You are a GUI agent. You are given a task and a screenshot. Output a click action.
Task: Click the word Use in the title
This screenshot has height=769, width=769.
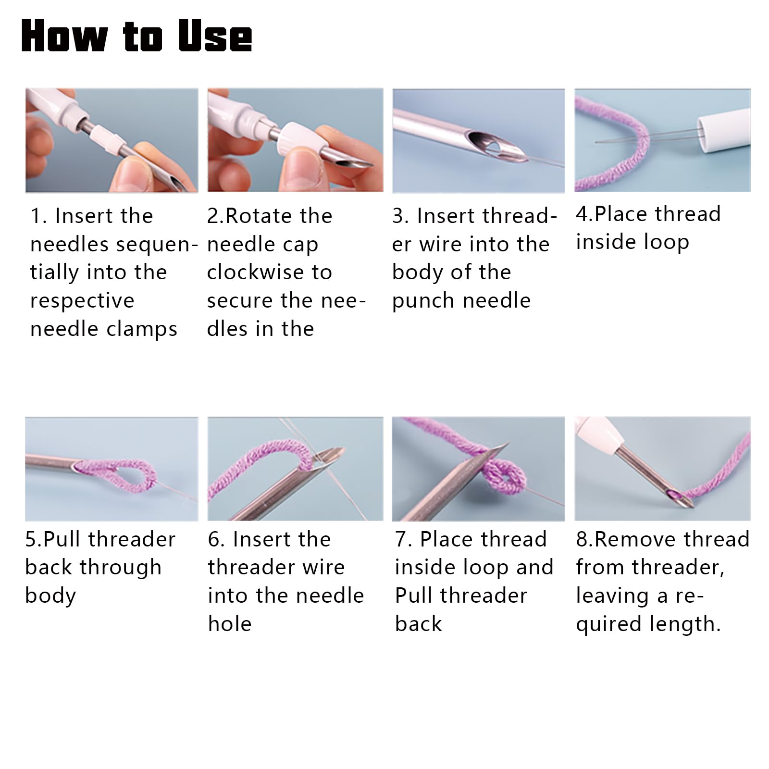(x=215, y=37)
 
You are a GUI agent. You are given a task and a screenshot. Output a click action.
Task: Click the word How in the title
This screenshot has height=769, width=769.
(x=64, y=37)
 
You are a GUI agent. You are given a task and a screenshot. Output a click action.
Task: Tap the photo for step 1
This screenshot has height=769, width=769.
(x=112, y=140)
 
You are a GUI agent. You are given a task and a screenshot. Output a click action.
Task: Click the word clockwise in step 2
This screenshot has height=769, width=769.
(x=255, y=273)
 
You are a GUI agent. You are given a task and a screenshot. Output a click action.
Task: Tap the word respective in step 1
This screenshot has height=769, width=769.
(x=82, y=301)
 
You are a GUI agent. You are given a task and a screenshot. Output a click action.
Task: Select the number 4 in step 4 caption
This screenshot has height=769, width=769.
(x=581, y=214)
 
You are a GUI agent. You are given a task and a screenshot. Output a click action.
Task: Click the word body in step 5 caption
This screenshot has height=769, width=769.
(x=50, y=596)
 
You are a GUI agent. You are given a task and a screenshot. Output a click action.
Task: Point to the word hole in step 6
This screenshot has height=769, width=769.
(x=230, y=624)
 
